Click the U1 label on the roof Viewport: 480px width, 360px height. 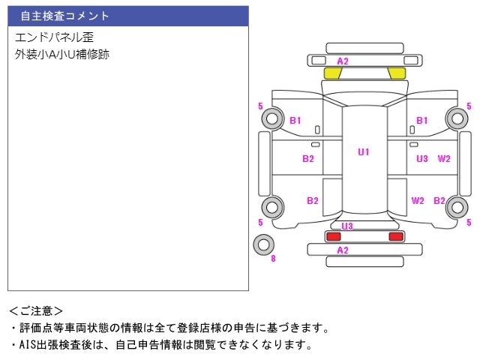pos(364,152)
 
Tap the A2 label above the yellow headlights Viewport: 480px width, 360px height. pos(343,61)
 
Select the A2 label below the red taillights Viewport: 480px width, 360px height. pos(343,250)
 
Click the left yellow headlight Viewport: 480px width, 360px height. pos(332,73)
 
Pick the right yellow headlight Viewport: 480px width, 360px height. pos(397,73)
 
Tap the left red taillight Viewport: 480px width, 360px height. pos(333,236)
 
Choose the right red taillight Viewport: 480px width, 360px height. pos(395,236)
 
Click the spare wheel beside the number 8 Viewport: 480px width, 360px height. pos(263,244)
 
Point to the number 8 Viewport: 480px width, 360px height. pos(273,259)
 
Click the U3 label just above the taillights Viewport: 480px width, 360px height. pos(347,226)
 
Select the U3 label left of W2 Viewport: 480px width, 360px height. pos(422,158)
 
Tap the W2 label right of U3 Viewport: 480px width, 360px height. pos(444,158)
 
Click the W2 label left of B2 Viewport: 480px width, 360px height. pos(418,200)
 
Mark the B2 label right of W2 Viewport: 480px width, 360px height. pos(439,200)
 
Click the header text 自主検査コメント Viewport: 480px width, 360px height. pos(65,16)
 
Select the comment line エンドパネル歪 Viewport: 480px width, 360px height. pos(54,37)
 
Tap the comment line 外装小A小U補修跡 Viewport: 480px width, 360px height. pos(61,54)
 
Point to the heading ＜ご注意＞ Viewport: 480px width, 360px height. pos(35,310)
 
